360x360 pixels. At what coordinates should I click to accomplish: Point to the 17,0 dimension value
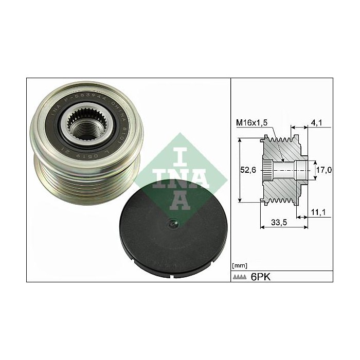pyautogui.click(x=323, y=169)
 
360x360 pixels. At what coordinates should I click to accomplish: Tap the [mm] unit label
pyautogui.click(x=240, y=265)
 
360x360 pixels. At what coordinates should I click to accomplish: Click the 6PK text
pyautogui.click(x=261, y=277)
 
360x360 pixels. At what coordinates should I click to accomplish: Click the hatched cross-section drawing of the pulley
pyautogui.click(x=285, y=170)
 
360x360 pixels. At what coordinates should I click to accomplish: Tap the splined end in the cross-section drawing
pyautogui.click(x=267, y=169)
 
